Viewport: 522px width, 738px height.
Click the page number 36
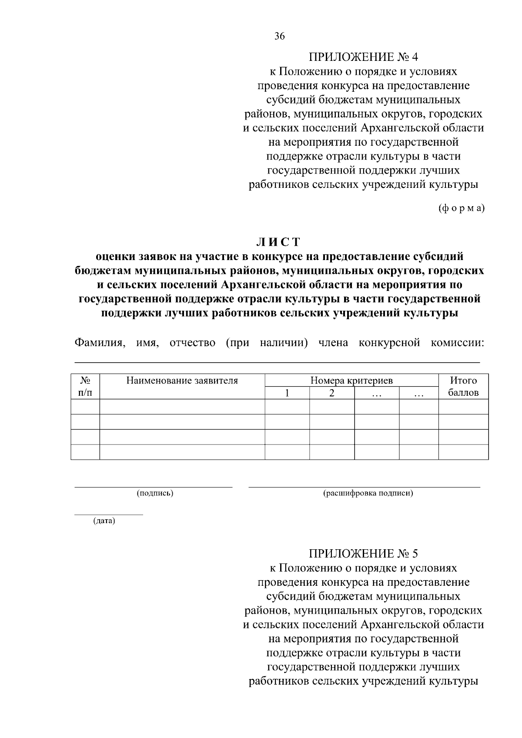[x=280, y=37]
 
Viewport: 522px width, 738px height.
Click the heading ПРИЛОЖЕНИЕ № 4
[x=363, y=57]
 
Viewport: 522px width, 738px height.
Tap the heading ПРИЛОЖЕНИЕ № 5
[x=363, y=554]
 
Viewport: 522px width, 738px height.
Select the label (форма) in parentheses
[x=461, y=208]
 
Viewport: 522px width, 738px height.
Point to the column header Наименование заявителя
[x=182, y=381]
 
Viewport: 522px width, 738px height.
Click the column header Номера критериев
[x=351, y=381]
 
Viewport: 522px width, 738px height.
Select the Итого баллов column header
[x=463, y=387]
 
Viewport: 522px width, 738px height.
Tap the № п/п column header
[x=85, y=387]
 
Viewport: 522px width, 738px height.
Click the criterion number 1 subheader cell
[x=287, y=393]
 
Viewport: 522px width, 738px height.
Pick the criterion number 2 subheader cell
[x=332, y=393]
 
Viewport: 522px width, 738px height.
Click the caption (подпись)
[x=155, y=493]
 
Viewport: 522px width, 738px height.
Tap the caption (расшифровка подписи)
[x=368, y=493]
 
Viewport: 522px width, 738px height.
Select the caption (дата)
[x=104, y=521]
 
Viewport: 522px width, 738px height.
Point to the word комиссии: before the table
[x=457, y=343]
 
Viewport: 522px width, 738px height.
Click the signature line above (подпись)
[x=153, y=488]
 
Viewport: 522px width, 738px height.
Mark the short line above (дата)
[x=108, y=515]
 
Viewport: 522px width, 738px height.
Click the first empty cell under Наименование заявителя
[x=182, y=407]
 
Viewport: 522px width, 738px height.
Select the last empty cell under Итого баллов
[x=463, y=452]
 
